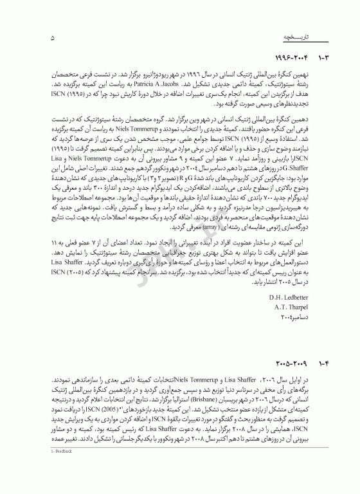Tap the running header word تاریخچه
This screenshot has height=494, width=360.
pos(292,38)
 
